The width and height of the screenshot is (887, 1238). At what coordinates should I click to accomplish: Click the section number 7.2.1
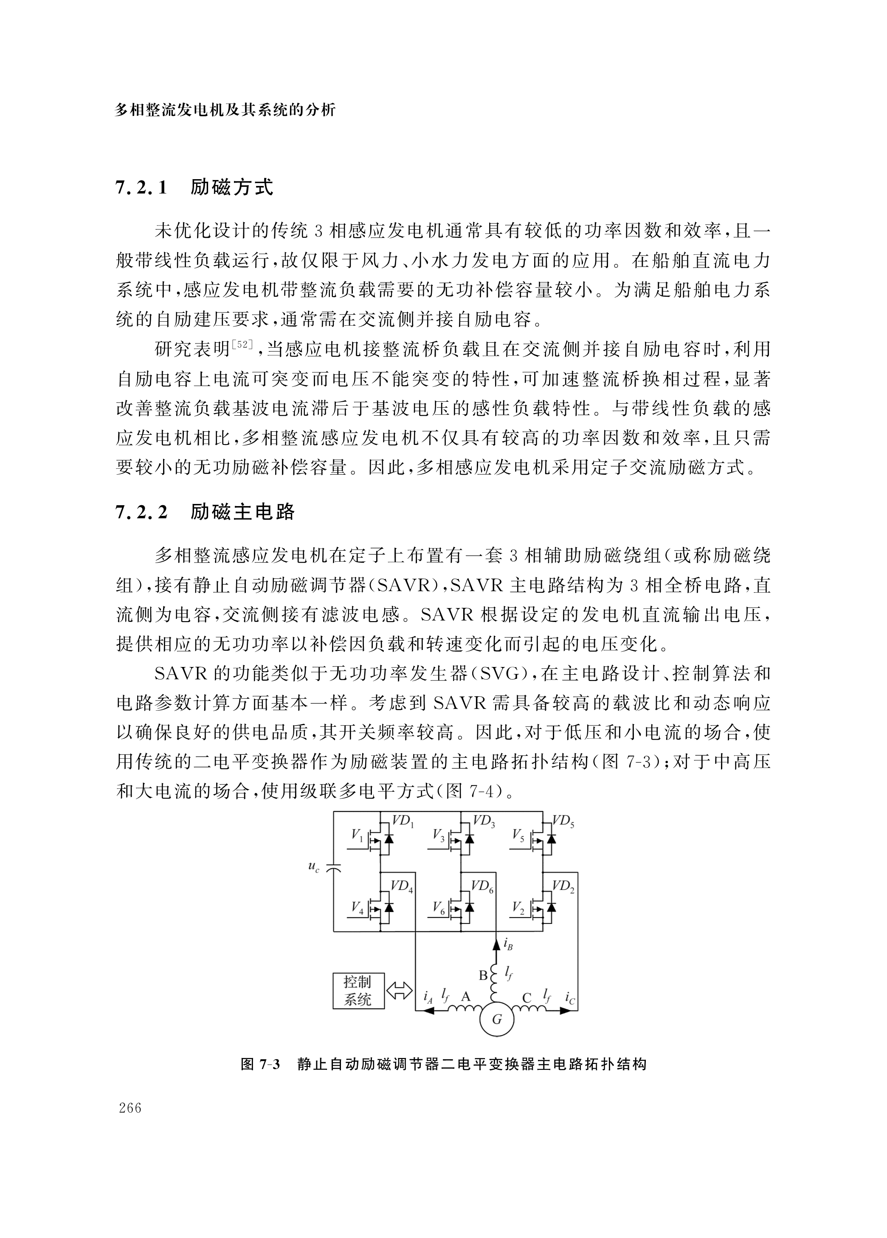(x=140, y=188)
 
